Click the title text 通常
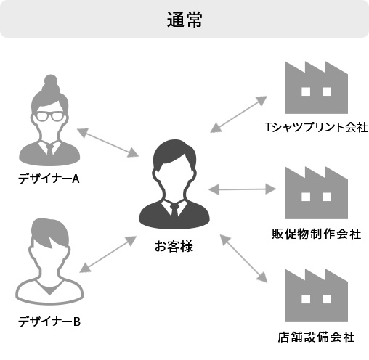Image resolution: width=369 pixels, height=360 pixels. pos(184,20)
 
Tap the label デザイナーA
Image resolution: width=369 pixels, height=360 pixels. pos(49,179)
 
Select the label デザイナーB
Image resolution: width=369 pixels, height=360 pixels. pos(49,322)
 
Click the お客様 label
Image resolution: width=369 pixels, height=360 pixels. pos(174,246)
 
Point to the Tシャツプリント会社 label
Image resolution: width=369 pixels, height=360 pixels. pos(317,127)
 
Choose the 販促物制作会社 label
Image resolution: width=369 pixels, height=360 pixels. pos(317,234)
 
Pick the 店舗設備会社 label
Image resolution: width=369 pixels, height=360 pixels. pos(317,337)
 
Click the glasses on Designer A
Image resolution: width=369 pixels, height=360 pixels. pos(50,117)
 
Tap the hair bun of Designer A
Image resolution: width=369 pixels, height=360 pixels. pos(51,81)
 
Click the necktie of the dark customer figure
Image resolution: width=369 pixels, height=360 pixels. pos(174,209)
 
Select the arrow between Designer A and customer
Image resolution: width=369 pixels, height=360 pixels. pos(108,143)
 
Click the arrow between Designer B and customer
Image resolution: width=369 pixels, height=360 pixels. pos(108,254)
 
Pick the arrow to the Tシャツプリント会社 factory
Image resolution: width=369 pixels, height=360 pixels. pos(238,114)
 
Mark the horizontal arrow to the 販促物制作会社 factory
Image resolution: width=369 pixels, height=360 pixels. pos(242,189)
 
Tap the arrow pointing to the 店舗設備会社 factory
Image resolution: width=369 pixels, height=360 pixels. pos(243,258)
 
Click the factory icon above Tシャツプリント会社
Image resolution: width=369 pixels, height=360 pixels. pos(316,88)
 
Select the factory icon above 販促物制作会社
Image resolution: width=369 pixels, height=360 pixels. pos(316,193)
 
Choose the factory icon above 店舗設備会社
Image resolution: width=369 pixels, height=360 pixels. pos(316,295)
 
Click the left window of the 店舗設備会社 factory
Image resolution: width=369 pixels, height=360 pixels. pos(306,299)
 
